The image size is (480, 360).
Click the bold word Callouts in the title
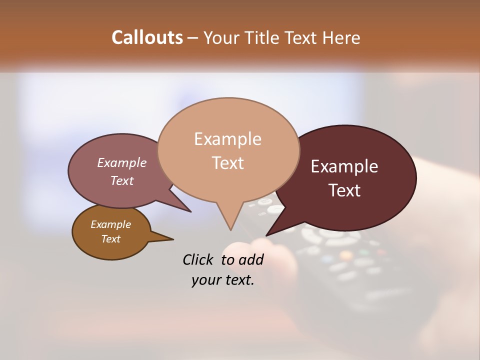pyautogui.click(x=147, y=37)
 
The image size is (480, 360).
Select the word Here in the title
pyautogui.click(x=341, y=37)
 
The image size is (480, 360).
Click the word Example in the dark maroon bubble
pyautogui.click(x=344, y=166)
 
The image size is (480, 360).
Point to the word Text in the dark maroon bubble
pyautogui.click(x=344, y=190)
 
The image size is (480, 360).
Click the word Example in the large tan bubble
pyautogui.click(x=227, y=139)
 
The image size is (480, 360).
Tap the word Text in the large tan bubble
pyautogui.click(x=227, y=163)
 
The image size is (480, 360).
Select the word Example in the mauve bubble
pyautogui.click(x=121, y=162)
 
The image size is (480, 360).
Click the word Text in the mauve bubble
pyautogui.click(x=121, y=180)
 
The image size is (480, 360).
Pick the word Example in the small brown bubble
pyautogui.click(x=110, y=224)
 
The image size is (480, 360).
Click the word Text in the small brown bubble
pyautogui.click(x=110, y=239)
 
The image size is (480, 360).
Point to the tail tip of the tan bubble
pyautogui.click(x=230, y=229)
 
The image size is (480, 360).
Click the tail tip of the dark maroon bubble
pyautogui.click(x=267, y=235)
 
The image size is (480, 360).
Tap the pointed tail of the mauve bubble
pyautogui.click(x=190, y=211)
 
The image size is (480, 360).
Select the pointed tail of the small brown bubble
pyautogui.click(x=172, y=239)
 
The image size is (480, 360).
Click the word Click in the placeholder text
pyautogui.click(x=199, y=259)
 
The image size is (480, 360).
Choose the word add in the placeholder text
pyautogui.click(x=251, y=259)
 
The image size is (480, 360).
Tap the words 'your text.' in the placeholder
pyautogui.click(x=222, y=280)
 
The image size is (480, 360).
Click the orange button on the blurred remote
pyautogui.click(x=345, y=255)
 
